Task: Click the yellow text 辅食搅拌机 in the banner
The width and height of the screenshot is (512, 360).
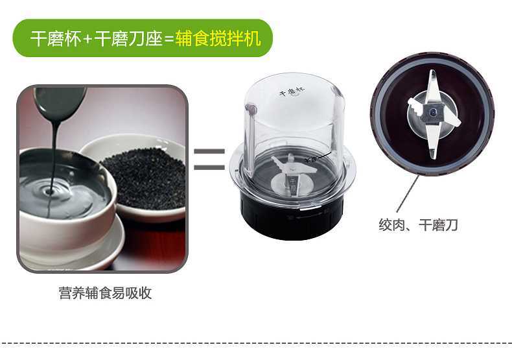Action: [x=218, y=39]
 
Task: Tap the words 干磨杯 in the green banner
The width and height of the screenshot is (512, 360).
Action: [x=56, y=39]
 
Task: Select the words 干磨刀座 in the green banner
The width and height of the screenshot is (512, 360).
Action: [x=128, y=39]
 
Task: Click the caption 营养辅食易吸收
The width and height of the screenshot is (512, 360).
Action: [x=106, y=293]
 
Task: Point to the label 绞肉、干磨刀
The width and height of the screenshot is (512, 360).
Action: [x=418, y=225]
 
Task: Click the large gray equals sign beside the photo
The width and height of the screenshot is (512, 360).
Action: [x=209, y=160]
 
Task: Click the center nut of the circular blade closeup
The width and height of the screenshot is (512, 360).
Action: [x=434, y=112]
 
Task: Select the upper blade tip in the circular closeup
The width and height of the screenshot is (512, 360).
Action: [x=433, y=73]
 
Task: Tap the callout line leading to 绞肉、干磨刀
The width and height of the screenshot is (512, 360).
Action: [x=408, y=194]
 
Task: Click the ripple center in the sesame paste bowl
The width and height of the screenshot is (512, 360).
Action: [x=50, y=191]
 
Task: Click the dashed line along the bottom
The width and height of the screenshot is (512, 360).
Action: [x=256, y=343]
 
